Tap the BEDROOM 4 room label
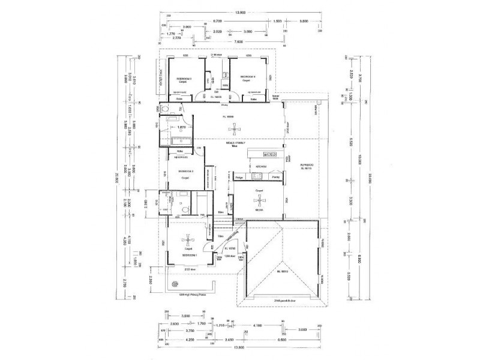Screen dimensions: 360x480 tap(248, 77)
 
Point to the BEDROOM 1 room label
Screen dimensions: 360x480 tap(191, 255)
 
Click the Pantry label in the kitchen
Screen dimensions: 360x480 tap(276, 178)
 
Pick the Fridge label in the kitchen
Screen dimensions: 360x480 tap(239, 178)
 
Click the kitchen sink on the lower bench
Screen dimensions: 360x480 tap(259, 175)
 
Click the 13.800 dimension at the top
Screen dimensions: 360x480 tap(241, 11)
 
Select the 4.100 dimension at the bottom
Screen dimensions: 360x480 tap(258, 325)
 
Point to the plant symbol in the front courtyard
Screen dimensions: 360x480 tap(175, 283)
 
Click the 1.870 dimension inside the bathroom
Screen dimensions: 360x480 tap(180, 127)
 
